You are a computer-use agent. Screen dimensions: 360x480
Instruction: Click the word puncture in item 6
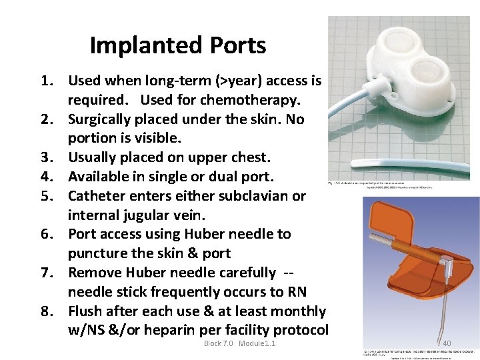(x=95, y=254)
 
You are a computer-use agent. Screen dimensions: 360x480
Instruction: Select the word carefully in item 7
(x=243, y=273)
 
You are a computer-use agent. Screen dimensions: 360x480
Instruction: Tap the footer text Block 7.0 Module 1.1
(x=240, y=343)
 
